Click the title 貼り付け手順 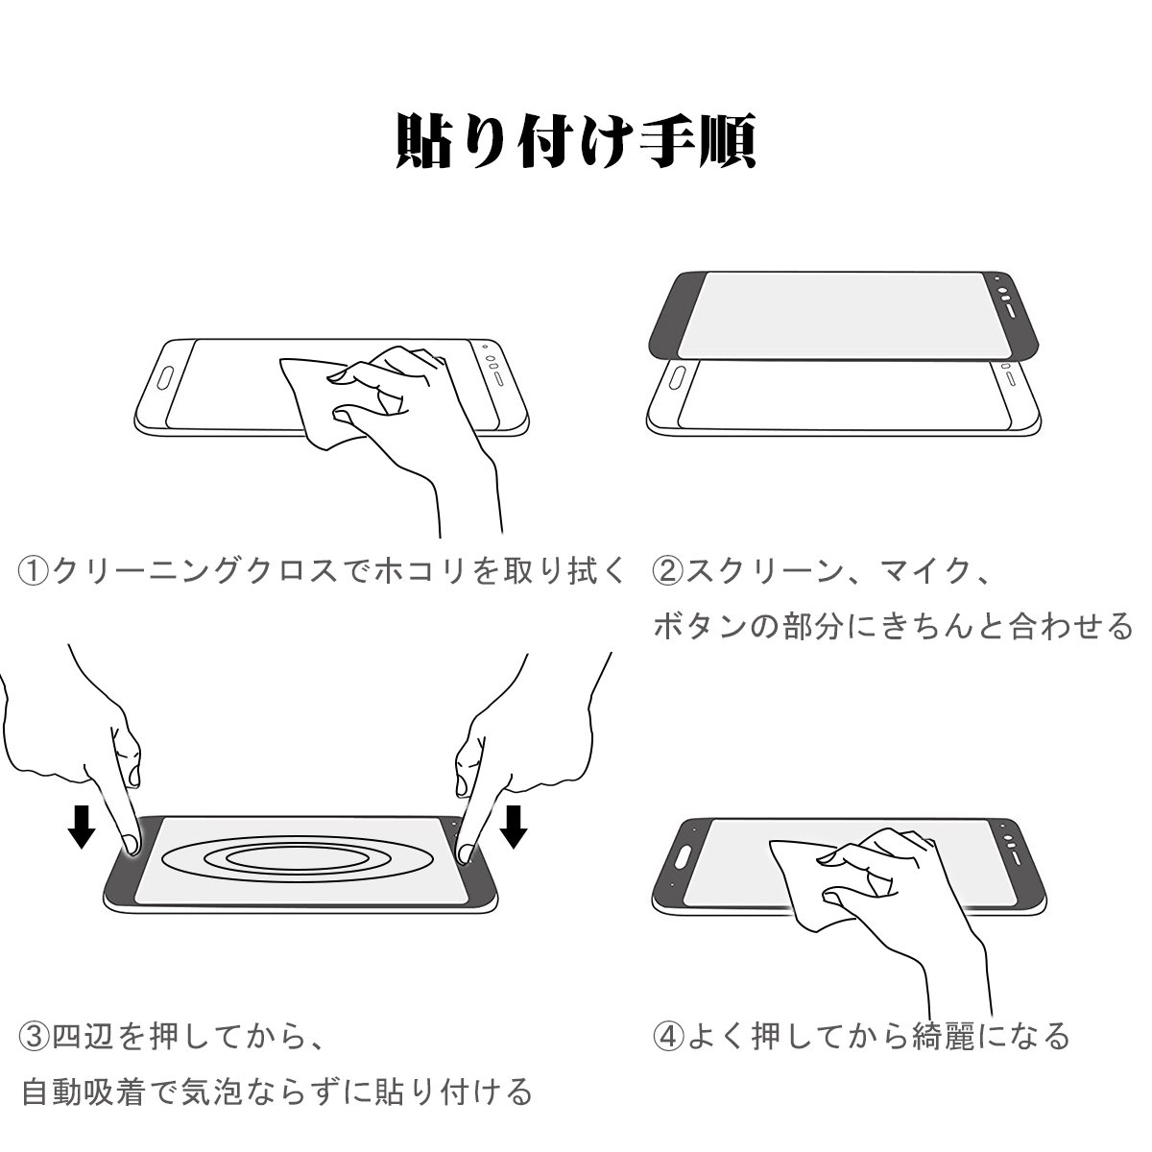click(x=576, y=140)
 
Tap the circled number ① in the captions click(x=34, y=571)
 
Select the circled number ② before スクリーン click(x=667, y=571)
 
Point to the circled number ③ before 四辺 click(x=34, y=1036)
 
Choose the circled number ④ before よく click(x=667, y=1036)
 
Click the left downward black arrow click(x=82, y=827)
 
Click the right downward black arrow click(x=514, y=827)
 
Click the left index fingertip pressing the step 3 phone click(x=132, y=844)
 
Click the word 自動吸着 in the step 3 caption click(x=84, y=1091)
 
